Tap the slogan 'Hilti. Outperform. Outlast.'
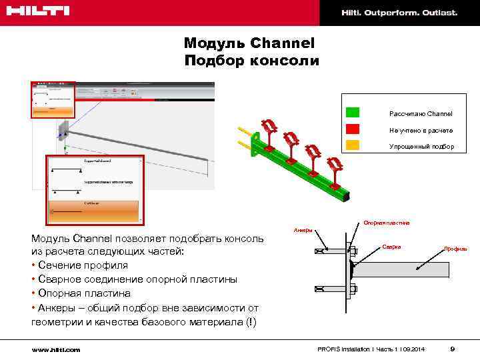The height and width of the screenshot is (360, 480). pyautogui.click(x=399, y=13)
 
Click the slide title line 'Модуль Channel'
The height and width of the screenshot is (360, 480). pyautogui.click(x=249, y=43)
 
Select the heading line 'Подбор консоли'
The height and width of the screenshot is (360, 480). pyautogui.click(x=251, y=61)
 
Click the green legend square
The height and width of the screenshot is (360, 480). pyautogui.click(x=353, y=113)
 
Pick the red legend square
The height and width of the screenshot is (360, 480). pyautogui.click(x=353, y=129)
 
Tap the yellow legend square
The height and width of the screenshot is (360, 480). pyautogui.click(x=353, y=145)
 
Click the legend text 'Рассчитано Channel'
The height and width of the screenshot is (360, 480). pyautogui.click(x=421, y=114)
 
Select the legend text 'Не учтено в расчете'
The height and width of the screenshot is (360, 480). pyautogui.click(x=421, y=130)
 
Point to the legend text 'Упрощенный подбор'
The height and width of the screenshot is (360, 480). pyautogui.click(x=421, y=146)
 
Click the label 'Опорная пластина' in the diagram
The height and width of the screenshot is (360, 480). pyautogui.click(x=387, y=223)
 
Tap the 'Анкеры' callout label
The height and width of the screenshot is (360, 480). pyautogui.click(x=303, y=231)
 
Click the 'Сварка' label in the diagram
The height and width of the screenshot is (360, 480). pyautogui.click(x=391, y=247)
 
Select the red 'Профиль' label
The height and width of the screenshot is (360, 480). pyautogui.click(x=456, y=249)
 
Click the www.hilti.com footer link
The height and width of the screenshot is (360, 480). pyautogui.click(x=55, y=349)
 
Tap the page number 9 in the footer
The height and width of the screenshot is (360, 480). pyautogui.click(x=453, y=349)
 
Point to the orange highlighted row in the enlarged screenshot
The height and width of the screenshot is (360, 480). pyautogui.click(x=93, y=209)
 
